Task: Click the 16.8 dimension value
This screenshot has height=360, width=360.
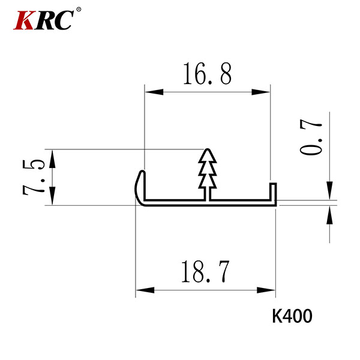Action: pos(208,74)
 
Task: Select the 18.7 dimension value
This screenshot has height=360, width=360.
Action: pos(205,272)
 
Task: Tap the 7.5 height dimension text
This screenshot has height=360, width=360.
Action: pos(34,178)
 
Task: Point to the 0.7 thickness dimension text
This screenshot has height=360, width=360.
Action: pos(311,137)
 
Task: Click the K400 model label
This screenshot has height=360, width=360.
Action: pos(292,316)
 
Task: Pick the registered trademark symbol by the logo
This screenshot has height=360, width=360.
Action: pos(79,10)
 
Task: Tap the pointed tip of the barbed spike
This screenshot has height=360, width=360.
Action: pos(208,149)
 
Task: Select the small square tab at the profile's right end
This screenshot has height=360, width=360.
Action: pos(273,191)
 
